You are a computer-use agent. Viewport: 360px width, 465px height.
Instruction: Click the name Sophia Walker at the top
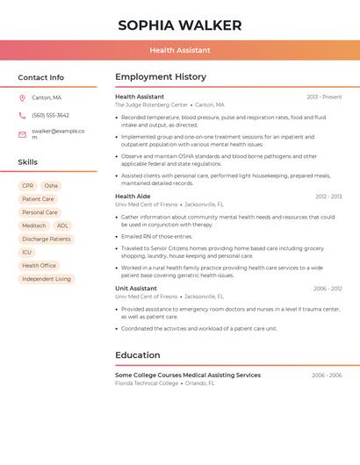coord(179,25)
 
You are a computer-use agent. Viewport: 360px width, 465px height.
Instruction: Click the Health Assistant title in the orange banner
coord(179,50)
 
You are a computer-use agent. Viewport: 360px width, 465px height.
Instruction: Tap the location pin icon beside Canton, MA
coord(22,97)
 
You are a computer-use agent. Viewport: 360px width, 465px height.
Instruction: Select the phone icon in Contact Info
coord(22,115)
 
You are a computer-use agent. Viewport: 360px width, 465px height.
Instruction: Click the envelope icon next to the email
coord(22,134)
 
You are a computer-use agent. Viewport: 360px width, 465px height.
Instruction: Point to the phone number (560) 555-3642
coord(50,115)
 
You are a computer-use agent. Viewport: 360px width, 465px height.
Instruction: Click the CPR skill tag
coord(28,186)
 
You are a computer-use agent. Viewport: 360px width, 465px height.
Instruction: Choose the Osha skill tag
coord(51,186)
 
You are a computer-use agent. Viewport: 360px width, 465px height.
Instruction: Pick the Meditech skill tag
coord(33,225)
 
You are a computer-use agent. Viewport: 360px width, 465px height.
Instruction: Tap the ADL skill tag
coord(62,225)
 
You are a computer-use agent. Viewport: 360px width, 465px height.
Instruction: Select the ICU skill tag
coord(26,252)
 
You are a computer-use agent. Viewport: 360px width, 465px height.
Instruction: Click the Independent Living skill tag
coord(47,279)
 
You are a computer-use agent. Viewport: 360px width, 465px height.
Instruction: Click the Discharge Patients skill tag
coord(47,239)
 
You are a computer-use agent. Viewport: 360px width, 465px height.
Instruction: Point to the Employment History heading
coord(161,77)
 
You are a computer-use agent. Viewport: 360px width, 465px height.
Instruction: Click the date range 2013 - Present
coord(324,97)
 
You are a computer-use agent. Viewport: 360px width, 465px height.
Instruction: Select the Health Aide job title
coord(133,197)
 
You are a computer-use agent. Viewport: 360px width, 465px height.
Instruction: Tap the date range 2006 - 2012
coord(328,288)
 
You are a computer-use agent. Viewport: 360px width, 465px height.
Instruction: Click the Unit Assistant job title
coord(136,288)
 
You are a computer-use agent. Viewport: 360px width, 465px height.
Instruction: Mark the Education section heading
coord(138,355)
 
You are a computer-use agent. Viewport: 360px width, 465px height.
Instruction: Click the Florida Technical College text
coord(147,383)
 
